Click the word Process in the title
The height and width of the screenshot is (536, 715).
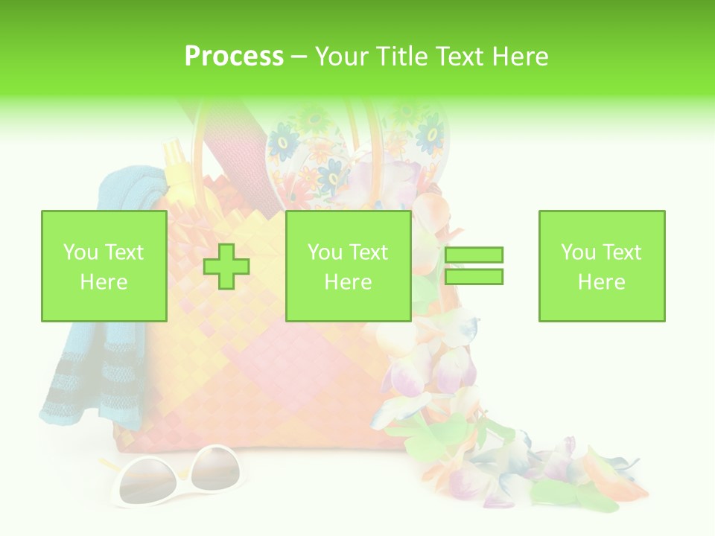coord(234,56)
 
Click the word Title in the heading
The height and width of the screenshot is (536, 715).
coord(401,56)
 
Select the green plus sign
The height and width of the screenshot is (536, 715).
coord(226,267)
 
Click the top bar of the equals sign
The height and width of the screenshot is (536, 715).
coord(474,255)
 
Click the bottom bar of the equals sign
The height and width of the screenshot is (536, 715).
coord(474,277)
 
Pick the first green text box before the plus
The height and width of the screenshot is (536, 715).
coord(104,266)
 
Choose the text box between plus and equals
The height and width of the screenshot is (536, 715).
coord(348,266)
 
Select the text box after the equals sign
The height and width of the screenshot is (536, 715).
coord(601,266)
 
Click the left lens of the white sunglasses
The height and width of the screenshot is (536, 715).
coord(146,480)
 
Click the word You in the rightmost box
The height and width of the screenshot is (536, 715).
coord(576,252)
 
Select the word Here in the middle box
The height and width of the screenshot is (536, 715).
coord(348,282)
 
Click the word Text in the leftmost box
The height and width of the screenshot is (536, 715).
coord(124,252)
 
